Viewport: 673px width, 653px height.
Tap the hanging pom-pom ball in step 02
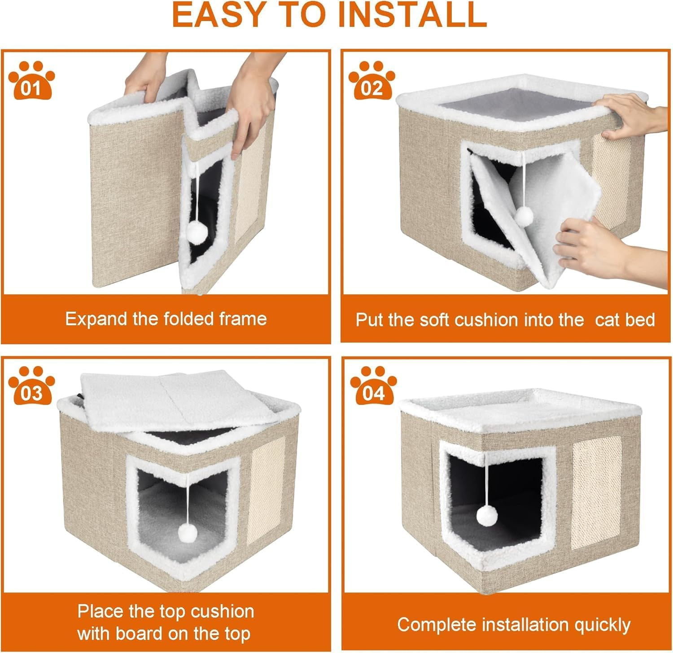pyautogui.click(x=523, y=218)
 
